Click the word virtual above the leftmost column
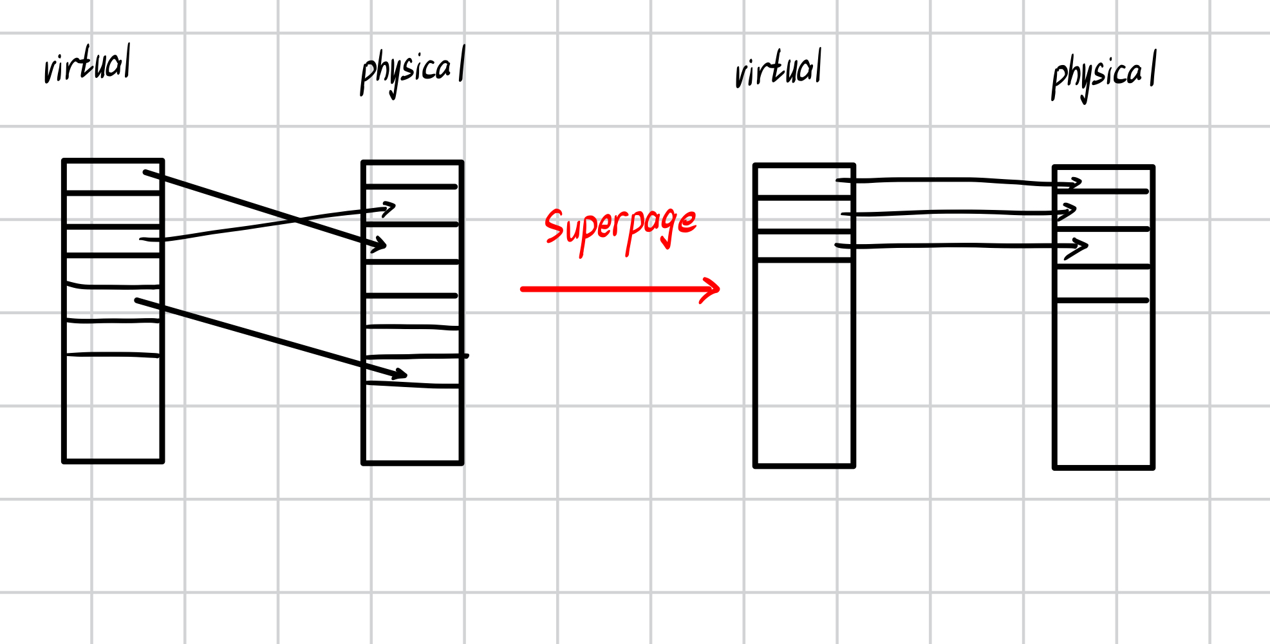coord(88,65)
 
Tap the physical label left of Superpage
coord(412,71)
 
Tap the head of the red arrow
coord(715,289)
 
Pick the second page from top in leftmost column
coord(113,210)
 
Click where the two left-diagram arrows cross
coord(297,220)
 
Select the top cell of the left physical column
coord(412,175)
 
